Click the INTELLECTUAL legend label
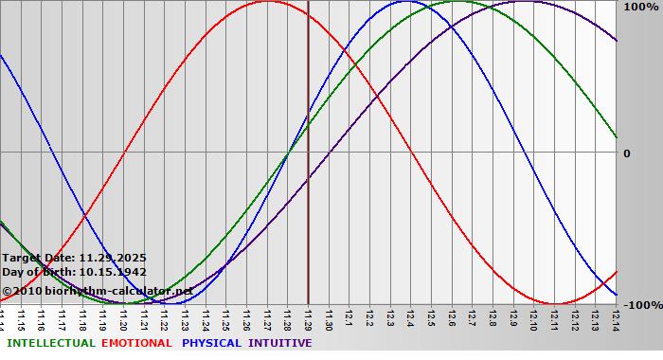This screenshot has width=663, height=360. [x=51, y=343]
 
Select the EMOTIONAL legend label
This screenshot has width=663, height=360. [x=136, y=343]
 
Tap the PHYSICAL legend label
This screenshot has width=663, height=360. [x=212, y=343]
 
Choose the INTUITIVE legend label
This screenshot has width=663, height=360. [x=280, y=343]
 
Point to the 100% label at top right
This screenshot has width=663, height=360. [x=639, y=7]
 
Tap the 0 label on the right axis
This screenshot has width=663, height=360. [x=626, y=153]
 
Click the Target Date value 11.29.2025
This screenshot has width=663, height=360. [x=113, y=257]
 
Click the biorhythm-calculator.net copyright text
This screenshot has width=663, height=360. [x=98, y=290]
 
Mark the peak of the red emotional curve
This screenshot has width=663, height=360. [x=267, y=1]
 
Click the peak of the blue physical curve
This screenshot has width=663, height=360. [x=406, y=1]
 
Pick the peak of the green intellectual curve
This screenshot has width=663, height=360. [x=457, y=1]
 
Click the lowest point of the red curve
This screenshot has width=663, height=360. [x=555, y=304]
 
